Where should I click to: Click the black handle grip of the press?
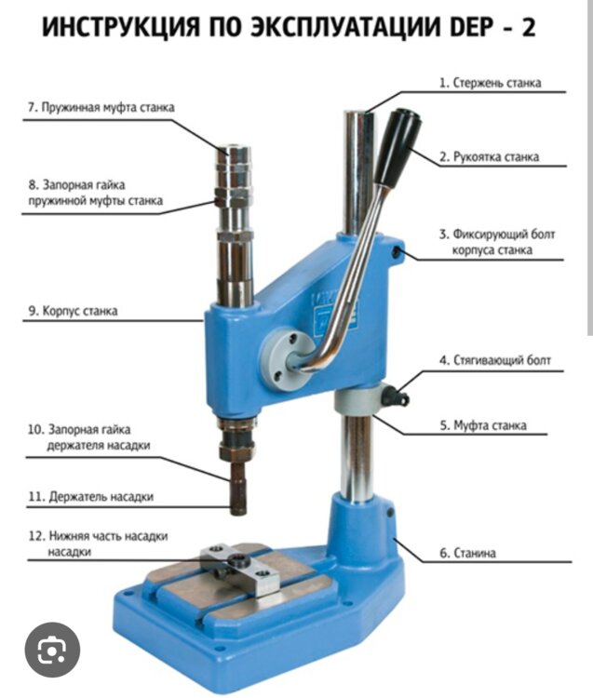click(398, 146)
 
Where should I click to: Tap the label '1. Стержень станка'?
click(491, 83)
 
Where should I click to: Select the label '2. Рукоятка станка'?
click(489, 156)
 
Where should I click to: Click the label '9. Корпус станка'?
click(73, 311)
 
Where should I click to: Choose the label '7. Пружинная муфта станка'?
click(101, 107)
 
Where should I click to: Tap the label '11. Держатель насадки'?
click(91, 496)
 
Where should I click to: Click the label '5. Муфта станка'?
click(483, 425)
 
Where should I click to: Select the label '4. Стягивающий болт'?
click(495, 359)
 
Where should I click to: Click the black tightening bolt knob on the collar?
click(395, 396)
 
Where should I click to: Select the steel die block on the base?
click(240, 568)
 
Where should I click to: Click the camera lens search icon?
click(52, 651)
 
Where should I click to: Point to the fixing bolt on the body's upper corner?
click(397, 252)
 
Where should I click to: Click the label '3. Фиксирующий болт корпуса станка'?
click(497, 242)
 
